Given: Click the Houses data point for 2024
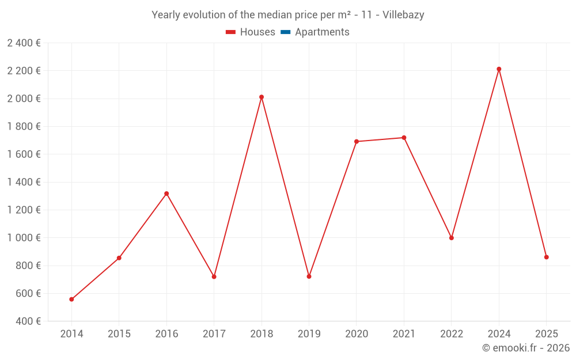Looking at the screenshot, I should tap(499, 69).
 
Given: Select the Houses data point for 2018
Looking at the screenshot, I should tap(262, 97).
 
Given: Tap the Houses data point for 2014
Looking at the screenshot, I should tap(71, 300).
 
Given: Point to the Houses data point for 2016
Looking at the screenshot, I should tap(166, 194).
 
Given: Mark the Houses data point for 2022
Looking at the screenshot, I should tap(452, 238).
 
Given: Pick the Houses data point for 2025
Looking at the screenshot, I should tap(547, 257).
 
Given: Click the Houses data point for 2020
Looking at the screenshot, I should tap(357, 141).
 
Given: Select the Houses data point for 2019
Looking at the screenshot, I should tap(309, 276).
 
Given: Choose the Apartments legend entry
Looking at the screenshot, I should tap(322, 32).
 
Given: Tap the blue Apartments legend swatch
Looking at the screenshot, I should tap(285, 32).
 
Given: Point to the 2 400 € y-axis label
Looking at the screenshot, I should tap(24, 43).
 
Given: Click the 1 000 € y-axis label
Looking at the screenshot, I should tap(24, 238).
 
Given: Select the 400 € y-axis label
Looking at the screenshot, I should tap(28, 321).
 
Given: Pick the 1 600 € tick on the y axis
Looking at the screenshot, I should tap(24, 154).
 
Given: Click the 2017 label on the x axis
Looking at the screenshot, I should tap(214, 334).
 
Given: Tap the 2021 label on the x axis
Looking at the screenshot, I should tap(404, 334).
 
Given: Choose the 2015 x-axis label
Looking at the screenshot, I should tap(119, 334).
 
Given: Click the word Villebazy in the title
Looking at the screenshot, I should tap(403, 15).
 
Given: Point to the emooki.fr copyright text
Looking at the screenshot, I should tap(526, 348).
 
